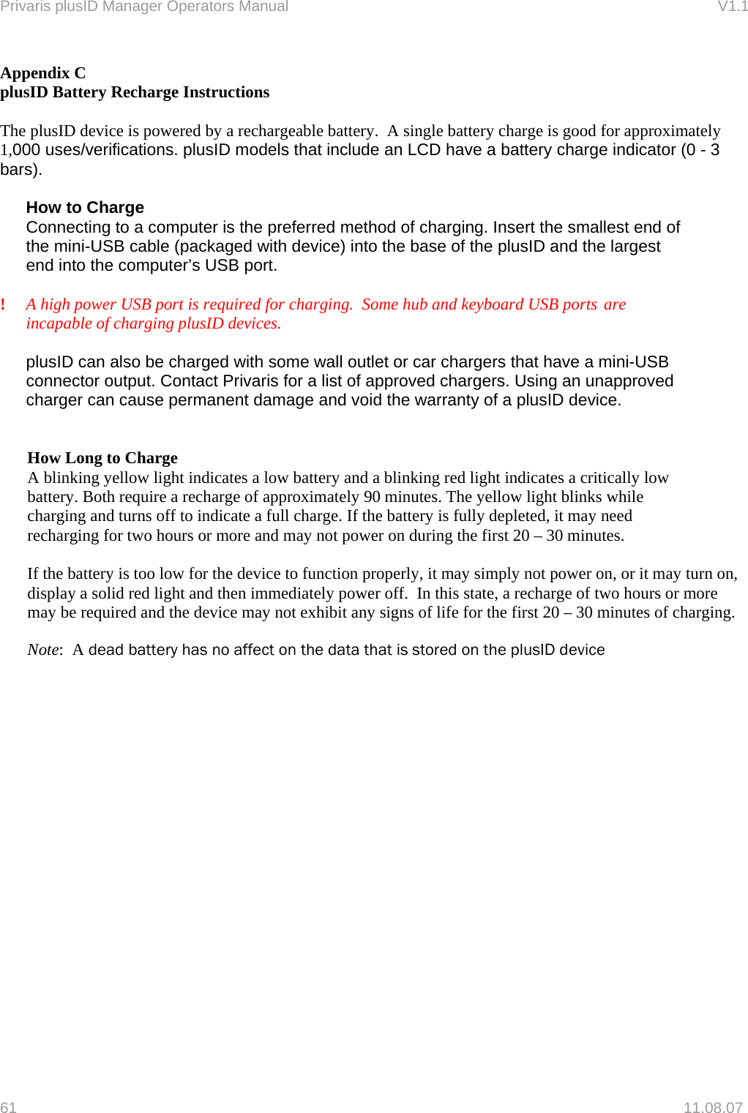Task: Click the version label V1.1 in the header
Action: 732,7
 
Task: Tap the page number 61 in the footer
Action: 8,1107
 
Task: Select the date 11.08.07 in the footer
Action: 712,1107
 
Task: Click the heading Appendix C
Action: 43,73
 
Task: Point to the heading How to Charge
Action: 85,208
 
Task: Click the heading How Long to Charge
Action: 102,458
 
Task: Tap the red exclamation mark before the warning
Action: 4,304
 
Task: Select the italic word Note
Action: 43,650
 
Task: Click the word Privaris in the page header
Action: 24,7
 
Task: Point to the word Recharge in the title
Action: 144,92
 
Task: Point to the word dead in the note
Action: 105,650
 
